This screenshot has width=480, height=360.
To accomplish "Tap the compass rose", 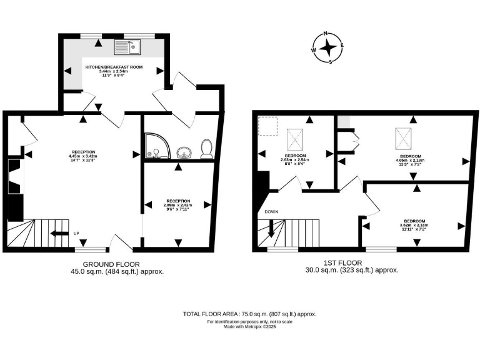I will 327,47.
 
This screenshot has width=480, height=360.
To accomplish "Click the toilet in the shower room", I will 205,149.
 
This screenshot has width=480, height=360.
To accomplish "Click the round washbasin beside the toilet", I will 182,151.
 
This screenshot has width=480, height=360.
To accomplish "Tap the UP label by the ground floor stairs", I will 77,234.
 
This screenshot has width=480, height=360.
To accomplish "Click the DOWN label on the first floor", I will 271,212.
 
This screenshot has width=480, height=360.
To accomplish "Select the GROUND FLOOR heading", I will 111,264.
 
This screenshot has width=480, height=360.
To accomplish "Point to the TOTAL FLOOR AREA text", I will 249,314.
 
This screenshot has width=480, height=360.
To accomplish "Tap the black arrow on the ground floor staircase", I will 60,234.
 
